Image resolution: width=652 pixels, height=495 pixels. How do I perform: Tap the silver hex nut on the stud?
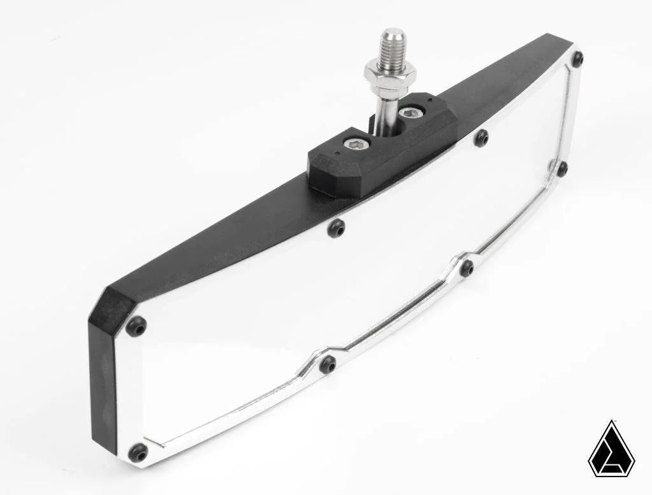[x=390, y=75]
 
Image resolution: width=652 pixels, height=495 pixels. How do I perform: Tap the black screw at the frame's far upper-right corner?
[x=578, y=59]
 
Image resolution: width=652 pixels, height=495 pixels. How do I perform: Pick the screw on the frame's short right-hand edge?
[x=562, y=169]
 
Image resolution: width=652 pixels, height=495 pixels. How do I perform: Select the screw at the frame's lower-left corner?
[x=138, y=453]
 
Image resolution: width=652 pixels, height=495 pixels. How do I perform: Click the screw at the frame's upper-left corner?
[x=136, y=326]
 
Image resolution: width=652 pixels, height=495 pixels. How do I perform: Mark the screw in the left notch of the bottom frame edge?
[x=328, y=364]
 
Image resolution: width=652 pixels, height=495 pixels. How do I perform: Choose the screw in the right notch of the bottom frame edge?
[x=467, y=268]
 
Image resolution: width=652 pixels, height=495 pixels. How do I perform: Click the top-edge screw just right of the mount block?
[x=481, y=138]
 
